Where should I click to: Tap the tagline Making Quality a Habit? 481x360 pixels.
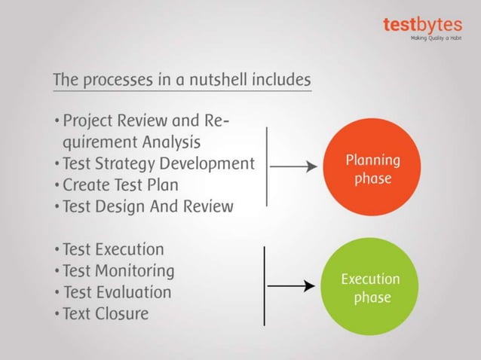coord(436,37)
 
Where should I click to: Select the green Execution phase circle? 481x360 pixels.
coord(369,288)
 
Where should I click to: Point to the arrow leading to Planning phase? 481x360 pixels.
coord(293,168)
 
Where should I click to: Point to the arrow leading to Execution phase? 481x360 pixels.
coord(290,286)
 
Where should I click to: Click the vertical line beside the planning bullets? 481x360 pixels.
coord(267,166)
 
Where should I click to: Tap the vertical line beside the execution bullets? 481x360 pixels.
coord(264,285)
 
